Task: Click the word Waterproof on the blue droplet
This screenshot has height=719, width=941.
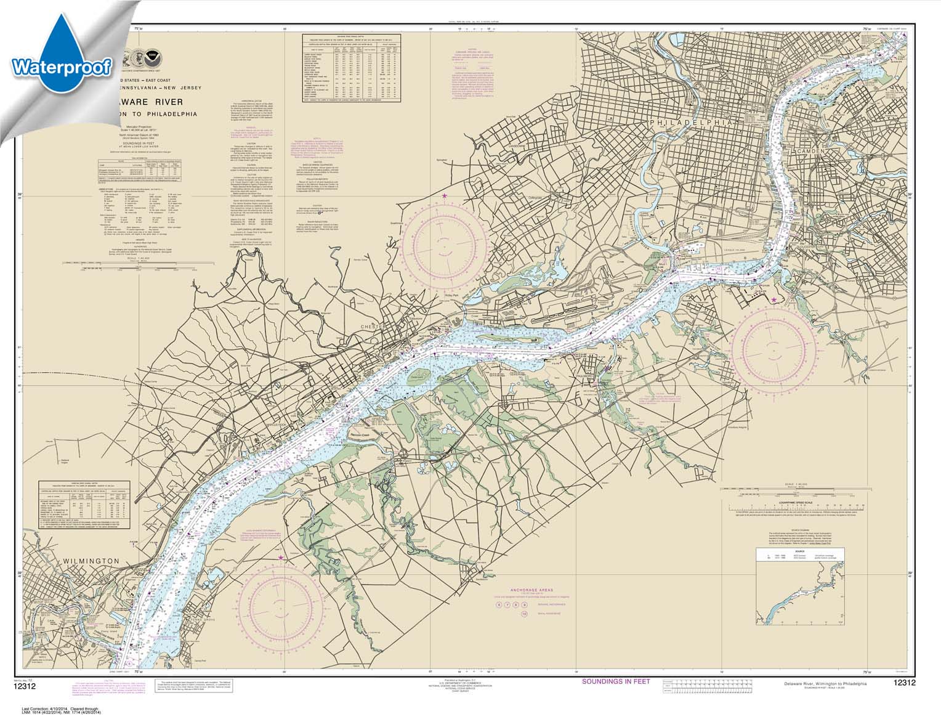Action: [x=61, y=66]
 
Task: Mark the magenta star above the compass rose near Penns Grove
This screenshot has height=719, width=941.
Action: [x=281, y=558]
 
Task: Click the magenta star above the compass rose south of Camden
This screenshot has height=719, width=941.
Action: [x=773, y=300]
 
